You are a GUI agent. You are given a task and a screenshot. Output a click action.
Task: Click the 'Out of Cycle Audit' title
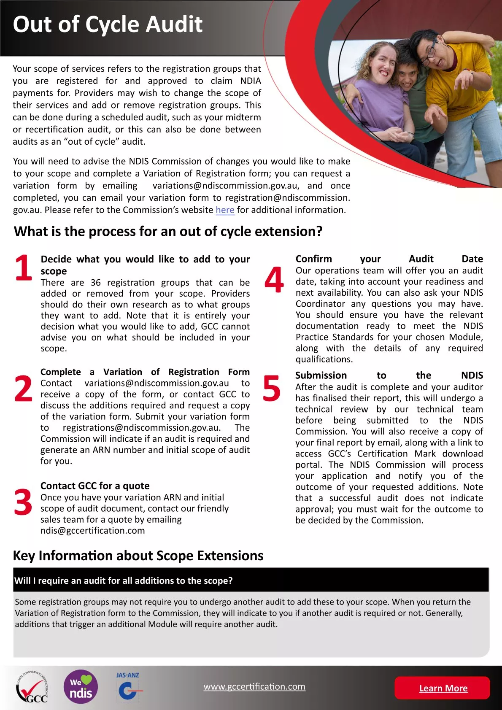point(108,24)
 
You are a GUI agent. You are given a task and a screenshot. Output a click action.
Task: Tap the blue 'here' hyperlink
point(225,210)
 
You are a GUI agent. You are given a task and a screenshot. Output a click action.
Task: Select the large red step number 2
point(23,389)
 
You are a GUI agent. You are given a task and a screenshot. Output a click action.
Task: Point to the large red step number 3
point(23,502)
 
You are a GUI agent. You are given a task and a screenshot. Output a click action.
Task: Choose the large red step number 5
point(271,389)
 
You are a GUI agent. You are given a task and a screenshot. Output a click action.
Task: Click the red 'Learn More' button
point(443,688)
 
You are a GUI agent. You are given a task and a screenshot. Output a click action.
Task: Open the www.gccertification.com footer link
point(254,686)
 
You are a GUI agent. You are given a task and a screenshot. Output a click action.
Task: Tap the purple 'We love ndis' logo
point(81,687)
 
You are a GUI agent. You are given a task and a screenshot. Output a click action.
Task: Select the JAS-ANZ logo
point(128,687)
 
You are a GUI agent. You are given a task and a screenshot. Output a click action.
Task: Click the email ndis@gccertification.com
point(93,531)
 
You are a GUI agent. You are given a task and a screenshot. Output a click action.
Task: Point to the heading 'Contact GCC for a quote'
point(95,486)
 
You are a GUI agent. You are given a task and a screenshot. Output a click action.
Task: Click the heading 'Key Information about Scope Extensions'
point(138,556)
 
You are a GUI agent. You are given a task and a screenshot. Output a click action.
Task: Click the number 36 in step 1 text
point(96,283)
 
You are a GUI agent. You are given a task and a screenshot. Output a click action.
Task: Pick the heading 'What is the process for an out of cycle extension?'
point(168,232)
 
